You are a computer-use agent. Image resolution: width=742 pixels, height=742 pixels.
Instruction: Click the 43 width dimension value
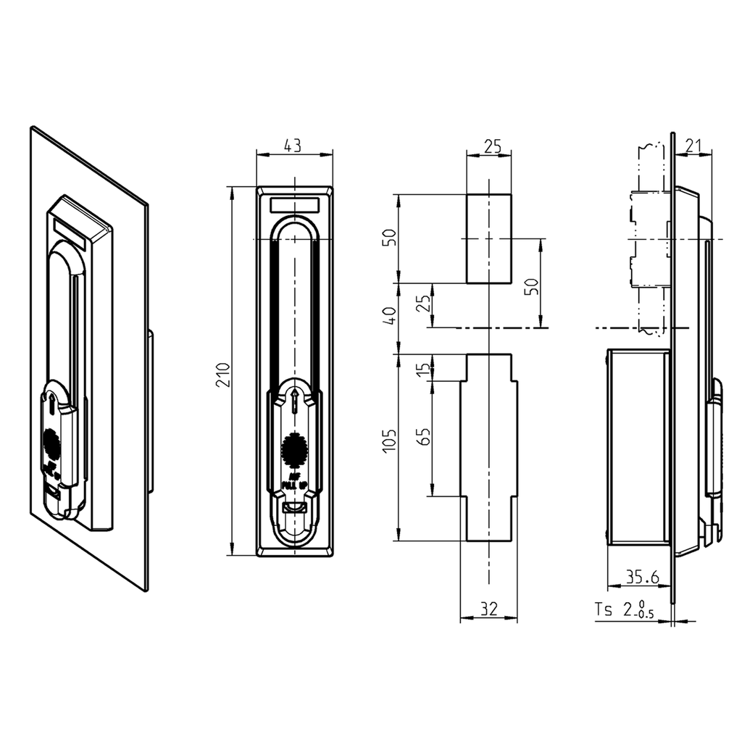click(293, 146)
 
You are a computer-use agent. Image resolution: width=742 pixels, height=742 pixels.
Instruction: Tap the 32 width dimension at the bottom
click(488, 610)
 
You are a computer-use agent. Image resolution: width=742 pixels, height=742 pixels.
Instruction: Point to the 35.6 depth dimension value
click(641, 577)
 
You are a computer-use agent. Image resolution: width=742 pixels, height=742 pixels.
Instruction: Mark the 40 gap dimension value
click(391, 317)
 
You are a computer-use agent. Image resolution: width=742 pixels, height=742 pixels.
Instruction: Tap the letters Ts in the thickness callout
click(604, 609)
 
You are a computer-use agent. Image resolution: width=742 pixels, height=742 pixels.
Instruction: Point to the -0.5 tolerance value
click(644, 614)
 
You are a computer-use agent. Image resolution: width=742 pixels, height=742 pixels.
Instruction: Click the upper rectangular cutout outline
click(489, 238)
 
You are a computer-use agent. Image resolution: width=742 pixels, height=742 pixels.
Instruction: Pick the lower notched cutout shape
click(489, 447)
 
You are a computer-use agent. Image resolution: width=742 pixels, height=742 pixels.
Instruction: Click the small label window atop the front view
click(294, 204)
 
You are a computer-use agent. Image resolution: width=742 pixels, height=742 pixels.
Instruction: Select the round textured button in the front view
click(294, 449)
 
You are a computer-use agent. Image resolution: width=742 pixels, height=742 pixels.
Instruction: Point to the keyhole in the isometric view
click(55, 404)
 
